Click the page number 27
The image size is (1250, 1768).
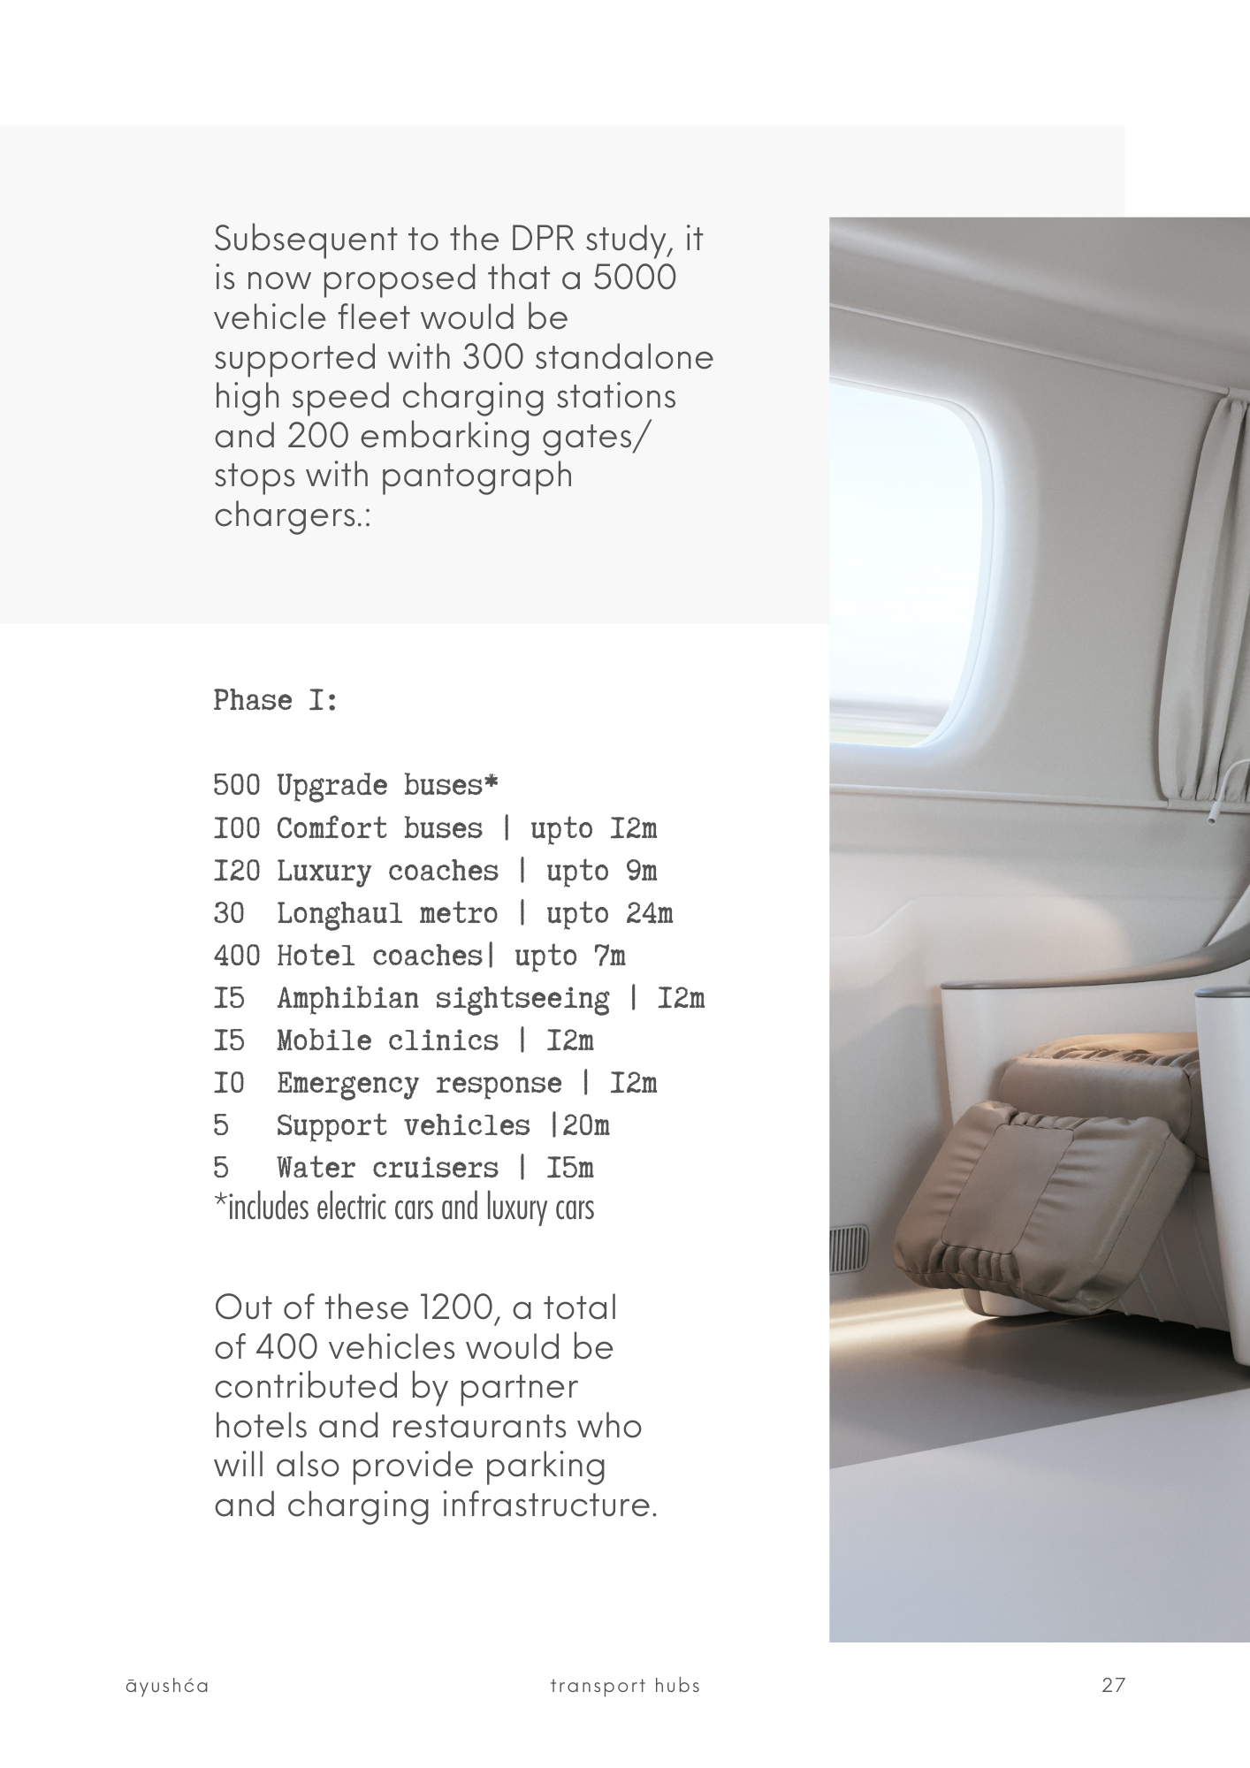pos(1113,1685)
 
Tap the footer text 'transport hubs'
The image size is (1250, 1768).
pos(625,1686)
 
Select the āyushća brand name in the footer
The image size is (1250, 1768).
pos(167,1686)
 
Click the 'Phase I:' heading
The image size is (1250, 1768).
pos(276,701)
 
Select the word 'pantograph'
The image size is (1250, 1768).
pos(476,476)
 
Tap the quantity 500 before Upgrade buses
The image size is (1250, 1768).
pos(236,785)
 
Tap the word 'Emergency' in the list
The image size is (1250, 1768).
pos(347,1084)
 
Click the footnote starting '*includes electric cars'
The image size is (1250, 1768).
pos(404,1208)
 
